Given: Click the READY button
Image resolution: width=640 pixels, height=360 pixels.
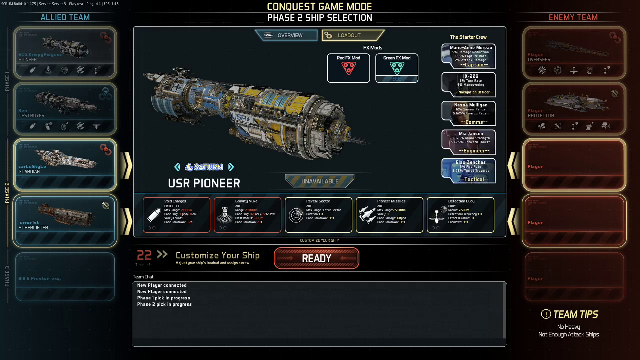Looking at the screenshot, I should [316, 258].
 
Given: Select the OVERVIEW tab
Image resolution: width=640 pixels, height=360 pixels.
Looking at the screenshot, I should [286, 35].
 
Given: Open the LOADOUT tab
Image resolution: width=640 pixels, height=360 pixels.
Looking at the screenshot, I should [353, 35].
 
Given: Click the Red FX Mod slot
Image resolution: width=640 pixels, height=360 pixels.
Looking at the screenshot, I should [348, 68].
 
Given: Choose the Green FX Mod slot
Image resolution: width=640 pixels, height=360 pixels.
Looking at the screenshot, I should [397, 68].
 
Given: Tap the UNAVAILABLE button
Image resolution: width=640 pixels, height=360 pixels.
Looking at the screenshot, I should [320, 181].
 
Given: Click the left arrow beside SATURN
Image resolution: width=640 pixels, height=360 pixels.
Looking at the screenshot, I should [177, 167].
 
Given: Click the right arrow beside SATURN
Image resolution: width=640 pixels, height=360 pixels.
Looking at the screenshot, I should [231, 167].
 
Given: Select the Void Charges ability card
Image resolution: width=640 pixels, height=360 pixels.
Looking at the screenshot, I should [176, 215].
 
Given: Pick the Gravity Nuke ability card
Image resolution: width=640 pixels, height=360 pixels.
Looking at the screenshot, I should [247, 215].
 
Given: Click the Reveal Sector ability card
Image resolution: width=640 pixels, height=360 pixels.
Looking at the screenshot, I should [318, 215].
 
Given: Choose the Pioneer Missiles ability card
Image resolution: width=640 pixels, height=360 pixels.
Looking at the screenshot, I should [389, 215].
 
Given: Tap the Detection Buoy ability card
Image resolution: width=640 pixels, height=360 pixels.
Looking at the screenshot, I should [460, 215].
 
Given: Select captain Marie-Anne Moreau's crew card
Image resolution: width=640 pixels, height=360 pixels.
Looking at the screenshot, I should [469, 56].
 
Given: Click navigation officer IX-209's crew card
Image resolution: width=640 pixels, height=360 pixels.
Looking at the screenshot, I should [469, 84].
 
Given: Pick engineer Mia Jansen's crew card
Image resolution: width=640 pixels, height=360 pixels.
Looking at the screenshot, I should [469, 142].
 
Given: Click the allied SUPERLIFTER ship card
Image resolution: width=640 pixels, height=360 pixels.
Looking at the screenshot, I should [65, 220].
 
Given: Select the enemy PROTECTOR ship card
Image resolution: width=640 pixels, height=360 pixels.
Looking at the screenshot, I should [574, 108].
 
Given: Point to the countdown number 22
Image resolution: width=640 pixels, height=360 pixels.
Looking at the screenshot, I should [144, 255].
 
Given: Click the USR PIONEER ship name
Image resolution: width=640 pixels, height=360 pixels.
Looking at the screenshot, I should [204, 183].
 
